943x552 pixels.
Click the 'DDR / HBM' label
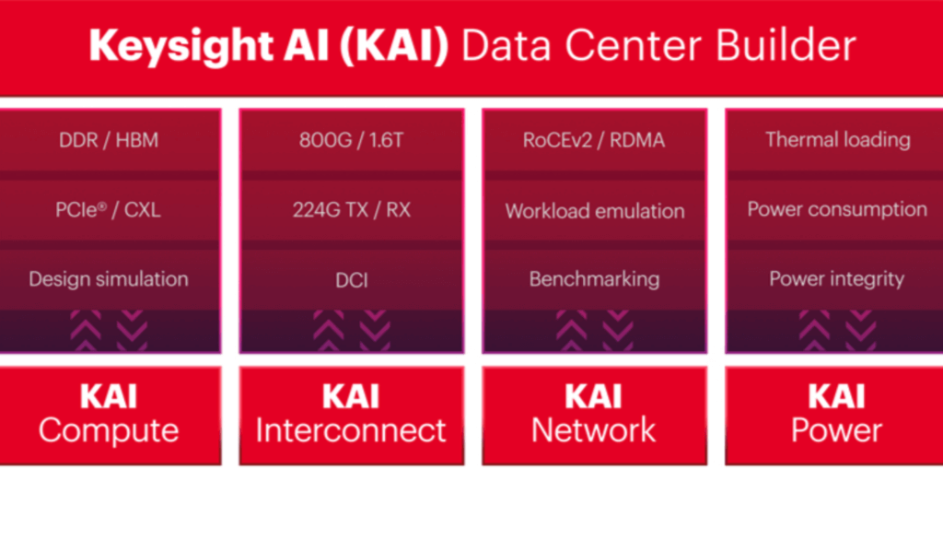[108, 140]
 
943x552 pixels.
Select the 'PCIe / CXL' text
[108, 210]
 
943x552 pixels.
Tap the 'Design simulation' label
[108, 279]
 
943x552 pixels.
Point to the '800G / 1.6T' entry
[351, 140]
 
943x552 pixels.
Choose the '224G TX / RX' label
[351, 210]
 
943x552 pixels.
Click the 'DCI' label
[351, 279]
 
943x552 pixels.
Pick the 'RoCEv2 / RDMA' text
[594, 140]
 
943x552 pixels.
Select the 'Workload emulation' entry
[594, 210]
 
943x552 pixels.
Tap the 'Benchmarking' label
[594, 279]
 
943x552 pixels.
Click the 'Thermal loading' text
[837, 140]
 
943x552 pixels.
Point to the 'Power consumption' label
[837, 209]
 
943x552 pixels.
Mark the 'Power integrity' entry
[837, 279]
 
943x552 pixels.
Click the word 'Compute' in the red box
[109, 430]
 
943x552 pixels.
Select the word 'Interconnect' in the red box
[351, 430]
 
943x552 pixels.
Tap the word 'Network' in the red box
[594, 430]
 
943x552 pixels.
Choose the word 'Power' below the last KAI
[837, 430]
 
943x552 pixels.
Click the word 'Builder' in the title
[791, 46]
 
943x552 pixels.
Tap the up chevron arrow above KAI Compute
[86, 330]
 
